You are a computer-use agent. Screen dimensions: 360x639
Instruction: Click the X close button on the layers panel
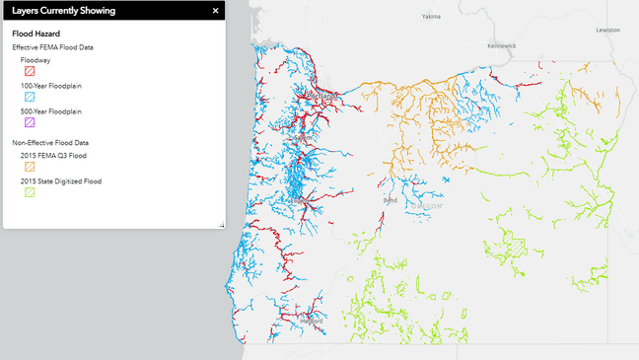point(215,11)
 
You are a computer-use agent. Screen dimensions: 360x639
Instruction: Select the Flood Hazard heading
point(35,34)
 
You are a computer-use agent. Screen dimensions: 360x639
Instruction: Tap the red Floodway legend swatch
point(30,71)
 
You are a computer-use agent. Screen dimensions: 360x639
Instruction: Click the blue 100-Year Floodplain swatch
point(30,97)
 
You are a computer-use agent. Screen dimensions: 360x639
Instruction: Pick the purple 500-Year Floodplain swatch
point(30,122)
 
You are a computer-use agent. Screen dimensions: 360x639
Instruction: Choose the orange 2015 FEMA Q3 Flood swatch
point(30,167)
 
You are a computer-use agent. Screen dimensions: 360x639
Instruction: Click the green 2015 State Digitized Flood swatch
point(30,192)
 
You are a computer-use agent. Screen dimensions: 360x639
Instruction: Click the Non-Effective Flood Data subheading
point(50,143)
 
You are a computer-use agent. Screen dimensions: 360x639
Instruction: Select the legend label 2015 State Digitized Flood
point(61,181)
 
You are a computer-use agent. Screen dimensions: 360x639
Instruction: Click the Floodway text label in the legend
point(35,59)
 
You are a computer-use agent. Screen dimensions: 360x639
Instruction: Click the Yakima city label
point(431,17)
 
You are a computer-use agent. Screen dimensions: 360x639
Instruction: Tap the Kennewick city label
point(501,45)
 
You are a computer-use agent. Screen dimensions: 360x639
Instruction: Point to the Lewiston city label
point(607,30)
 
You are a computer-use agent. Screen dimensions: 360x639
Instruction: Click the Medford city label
point(312,321)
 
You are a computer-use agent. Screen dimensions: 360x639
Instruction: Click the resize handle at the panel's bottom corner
point(221,225)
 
